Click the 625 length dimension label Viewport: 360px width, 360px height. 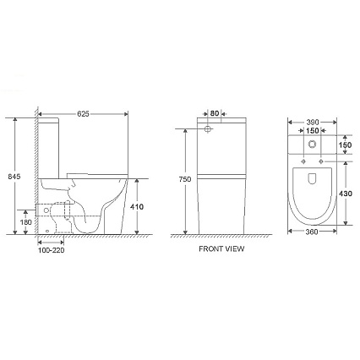pos(83,113)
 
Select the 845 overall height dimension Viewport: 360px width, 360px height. pos(14,177)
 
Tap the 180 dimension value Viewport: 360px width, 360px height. pos(25,222)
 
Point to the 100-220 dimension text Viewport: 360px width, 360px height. pos(51,250)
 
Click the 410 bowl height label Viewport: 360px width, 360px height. pos(137,207)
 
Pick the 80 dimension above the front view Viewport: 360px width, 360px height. pos(215,113)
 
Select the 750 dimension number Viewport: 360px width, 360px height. pos(185,179)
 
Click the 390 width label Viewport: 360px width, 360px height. pos(313,123)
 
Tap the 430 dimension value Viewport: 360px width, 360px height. pos(346,194)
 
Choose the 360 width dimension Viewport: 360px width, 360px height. pos(312,232)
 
